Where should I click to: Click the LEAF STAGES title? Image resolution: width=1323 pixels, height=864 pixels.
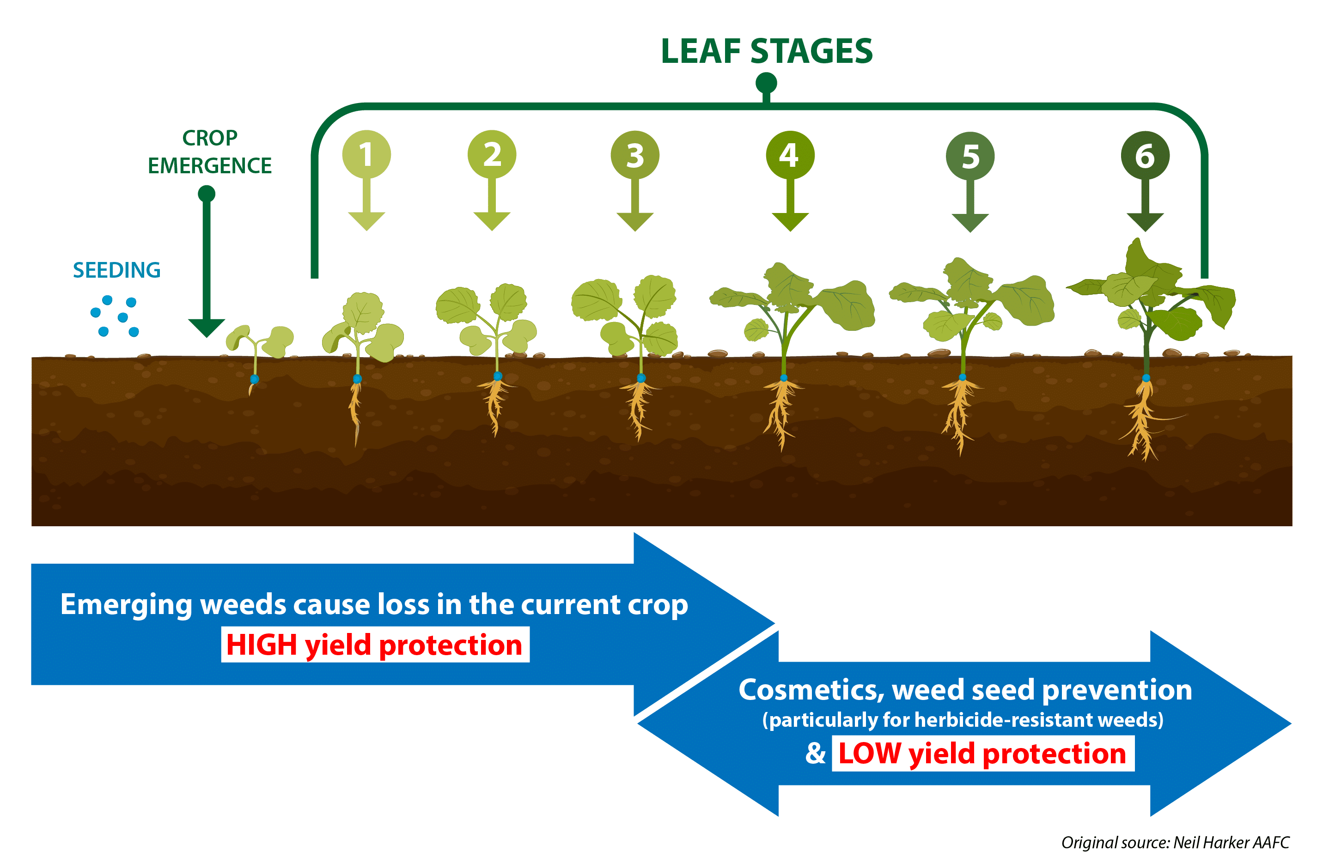click(767, 51)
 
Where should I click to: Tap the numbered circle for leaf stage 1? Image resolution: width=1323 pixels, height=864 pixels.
click(366, 154)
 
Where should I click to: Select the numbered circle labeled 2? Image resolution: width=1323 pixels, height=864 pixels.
click(492, 154)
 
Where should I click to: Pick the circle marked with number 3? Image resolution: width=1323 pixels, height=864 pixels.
click(635, 155)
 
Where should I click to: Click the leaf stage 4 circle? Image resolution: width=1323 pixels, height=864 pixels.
click(790, 155)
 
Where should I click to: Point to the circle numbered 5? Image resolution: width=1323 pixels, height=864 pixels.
click(970, 156)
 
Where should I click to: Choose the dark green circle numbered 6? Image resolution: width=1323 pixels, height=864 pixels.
click(1145, 156)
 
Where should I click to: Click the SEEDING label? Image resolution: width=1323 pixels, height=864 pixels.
click(117, 270)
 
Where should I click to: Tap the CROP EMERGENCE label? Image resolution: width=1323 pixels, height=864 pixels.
click(210, 152)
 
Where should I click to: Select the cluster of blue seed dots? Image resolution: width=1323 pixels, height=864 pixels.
click(115, 316)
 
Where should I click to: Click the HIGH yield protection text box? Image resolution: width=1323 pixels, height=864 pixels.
click(375, 645)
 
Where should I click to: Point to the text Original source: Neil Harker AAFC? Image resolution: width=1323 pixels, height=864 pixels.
click(1175, 842)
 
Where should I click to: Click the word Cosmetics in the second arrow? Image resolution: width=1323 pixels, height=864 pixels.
click(811, 690)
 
